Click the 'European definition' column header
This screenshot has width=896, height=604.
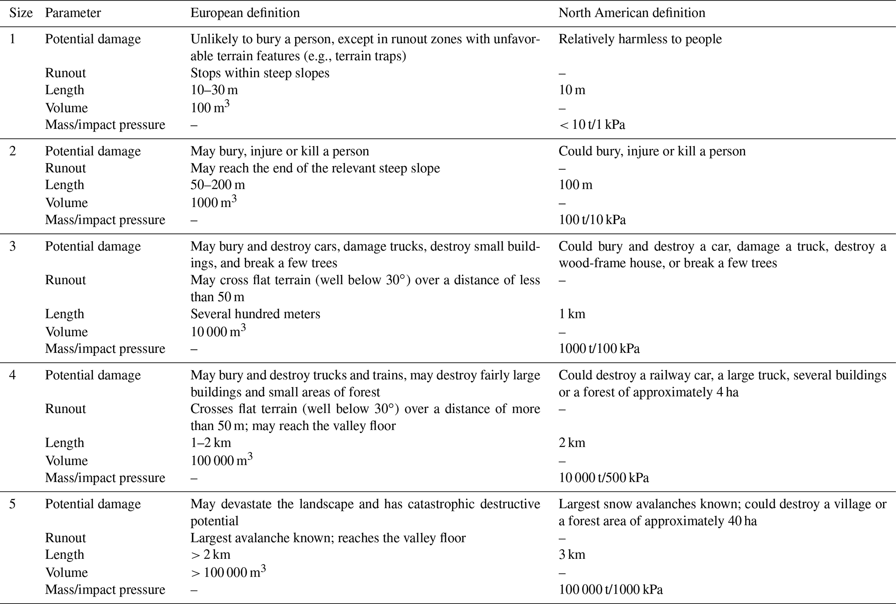pos(245,13)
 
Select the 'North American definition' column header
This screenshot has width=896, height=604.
pos(632,13)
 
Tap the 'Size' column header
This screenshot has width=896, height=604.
pos(21,13)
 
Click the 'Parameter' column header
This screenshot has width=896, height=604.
pos(73,13)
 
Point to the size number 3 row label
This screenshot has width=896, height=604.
pos(13,246)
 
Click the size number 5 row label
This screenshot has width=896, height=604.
pos(13,504)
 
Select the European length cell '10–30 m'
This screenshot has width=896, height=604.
pos(214,90)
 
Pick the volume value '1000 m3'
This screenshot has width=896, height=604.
pos(213,202)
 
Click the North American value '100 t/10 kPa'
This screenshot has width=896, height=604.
pos(592,220)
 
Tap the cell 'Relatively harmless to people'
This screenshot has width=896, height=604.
pos(640,39)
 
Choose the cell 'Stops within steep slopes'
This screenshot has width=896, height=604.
pos(260,73)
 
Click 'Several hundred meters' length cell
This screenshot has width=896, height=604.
pos(255,314)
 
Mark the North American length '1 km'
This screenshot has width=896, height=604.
pos(572,314)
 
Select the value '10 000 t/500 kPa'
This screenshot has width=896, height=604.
pos(603,478)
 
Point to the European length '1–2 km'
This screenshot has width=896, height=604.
pos(211,443)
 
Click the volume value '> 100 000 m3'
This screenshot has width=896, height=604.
pos(228,572)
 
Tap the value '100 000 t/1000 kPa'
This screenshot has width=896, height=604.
pos(610,589)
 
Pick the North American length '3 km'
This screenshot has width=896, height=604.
pos(572,555)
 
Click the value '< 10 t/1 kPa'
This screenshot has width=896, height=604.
pos(592,125)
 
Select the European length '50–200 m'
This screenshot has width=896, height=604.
pos(218,185)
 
